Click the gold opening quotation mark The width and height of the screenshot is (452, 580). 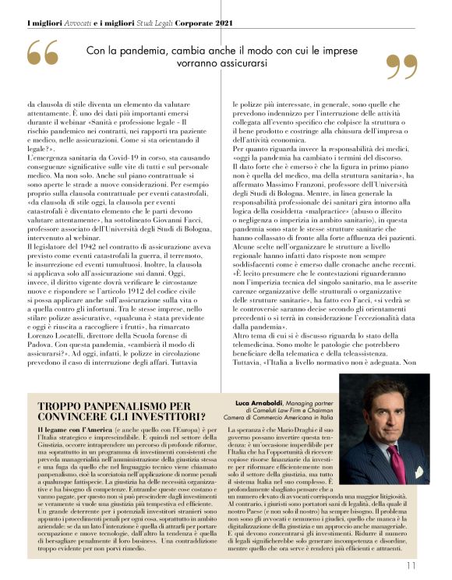(x=42, y=54)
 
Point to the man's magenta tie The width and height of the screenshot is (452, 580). (x=399, y=456)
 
